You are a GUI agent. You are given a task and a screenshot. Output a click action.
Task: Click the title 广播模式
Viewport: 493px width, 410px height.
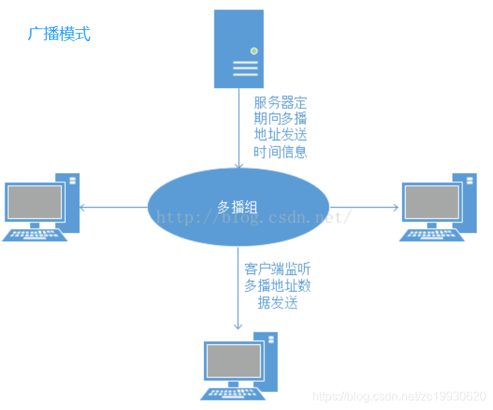click(x=59, y=34)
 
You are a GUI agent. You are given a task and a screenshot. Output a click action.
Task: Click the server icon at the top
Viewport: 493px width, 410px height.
click(x=239, y=49)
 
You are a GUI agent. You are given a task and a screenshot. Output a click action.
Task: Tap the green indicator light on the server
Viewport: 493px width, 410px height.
click(x=254, y=51)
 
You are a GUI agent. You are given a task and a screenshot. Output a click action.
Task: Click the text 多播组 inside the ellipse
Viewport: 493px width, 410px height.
click(x=238, y=207)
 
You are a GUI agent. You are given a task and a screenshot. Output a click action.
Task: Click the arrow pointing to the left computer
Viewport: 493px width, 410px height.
click(x=112, y=207)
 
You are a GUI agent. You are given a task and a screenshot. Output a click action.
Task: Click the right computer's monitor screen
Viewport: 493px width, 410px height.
click(x=431, y=202)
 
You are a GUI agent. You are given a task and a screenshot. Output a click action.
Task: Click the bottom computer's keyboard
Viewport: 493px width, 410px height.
click(x=232, y=394)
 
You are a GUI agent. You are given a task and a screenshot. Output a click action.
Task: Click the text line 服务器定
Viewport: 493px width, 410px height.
click(x=280, y=102)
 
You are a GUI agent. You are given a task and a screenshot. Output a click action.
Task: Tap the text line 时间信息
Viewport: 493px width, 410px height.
click(x=280, y=152)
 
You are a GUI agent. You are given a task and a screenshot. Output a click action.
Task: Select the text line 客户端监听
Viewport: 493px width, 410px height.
click(x=277, y=269)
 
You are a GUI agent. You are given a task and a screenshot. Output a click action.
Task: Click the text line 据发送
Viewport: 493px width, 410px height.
click(x=277, y=302)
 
